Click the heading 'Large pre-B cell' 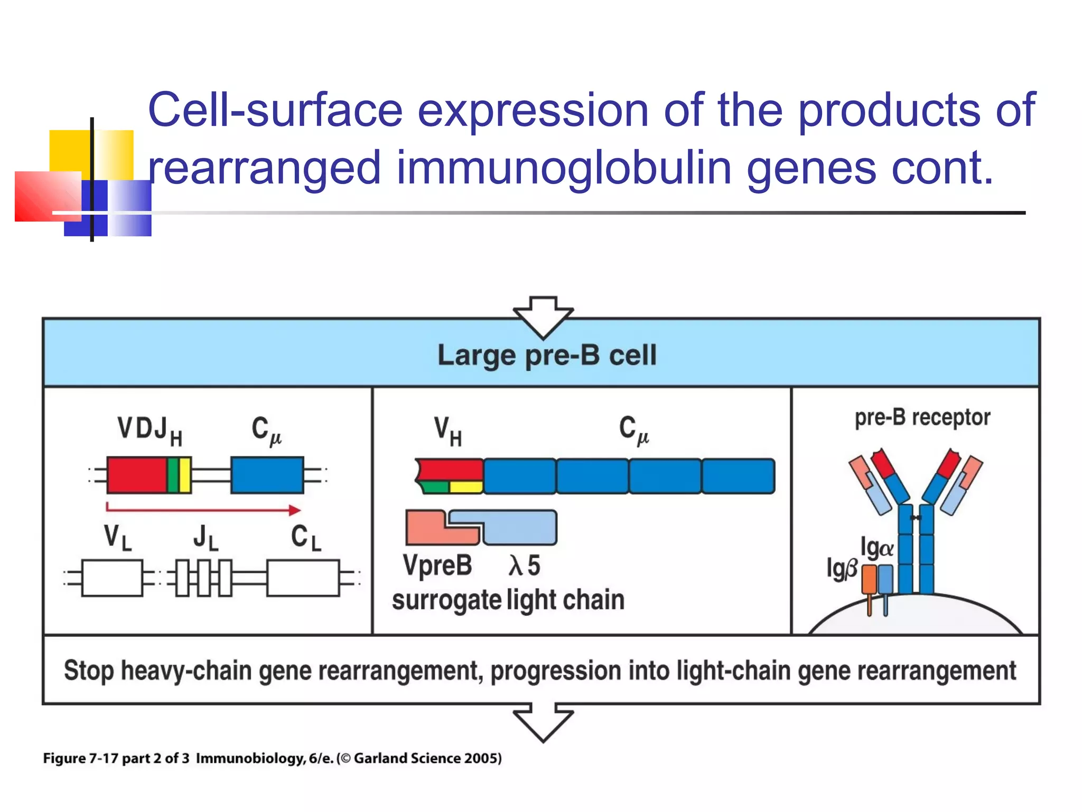(547, 355)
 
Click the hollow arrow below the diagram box (543, 722)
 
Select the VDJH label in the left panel (150, 430)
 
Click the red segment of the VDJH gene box (136, 475)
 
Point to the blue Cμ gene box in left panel (267, 475)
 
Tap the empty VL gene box (112, 578)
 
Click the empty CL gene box (303, 578)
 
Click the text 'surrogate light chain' (508, 601)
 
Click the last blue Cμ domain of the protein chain (738, 476)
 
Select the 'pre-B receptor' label (922, 418)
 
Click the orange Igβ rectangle (869, 579)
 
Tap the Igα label (876, 548)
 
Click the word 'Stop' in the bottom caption (89, 670)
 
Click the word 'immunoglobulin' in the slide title (564, 168)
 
